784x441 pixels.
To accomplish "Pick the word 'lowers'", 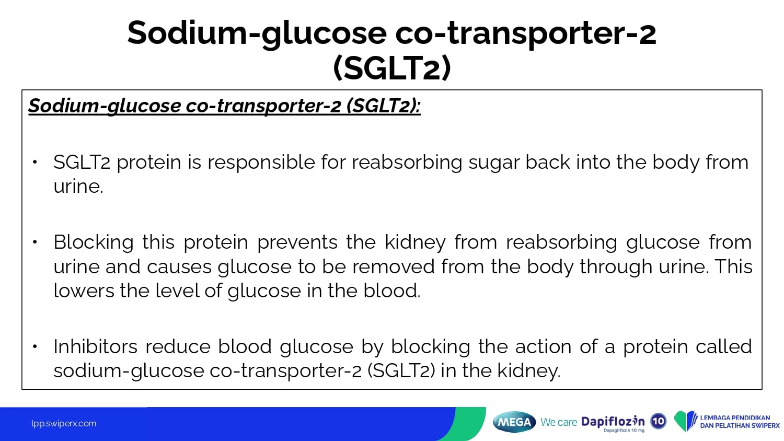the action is [84, 291].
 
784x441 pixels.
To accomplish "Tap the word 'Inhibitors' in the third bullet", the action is [95, 347].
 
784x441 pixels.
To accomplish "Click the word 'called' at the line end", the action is [723, 347].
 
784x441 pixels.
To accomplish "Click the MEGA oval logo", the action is [514, 422].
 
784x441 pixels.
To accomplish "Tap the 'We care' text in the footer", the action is [559, 422].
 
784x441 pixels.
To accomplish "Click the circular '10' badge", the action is [659, 421].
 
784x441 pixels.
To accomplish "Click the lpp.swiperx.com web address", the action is [64, 424].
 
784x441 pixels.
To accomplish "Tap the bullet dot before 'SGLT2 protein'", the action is [34, 161].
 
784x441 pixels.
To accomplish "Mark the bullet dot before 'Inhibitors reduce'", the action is [34, 346].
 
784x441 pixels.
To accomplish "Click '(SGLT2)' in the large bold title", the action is [392, 67].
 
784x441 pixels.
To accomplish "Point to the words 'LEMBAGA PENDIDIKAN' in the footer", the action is [735, 417].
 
